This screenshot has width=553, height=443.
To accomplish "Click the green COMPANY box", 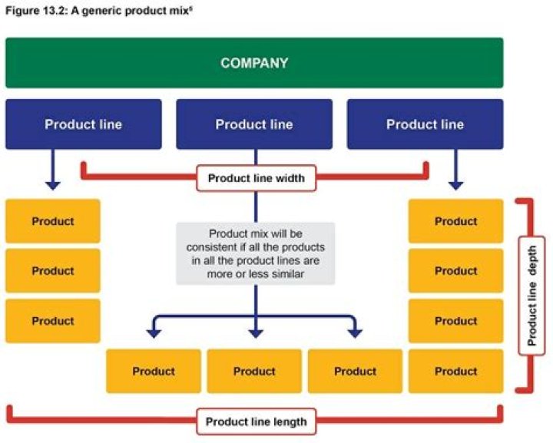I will (x=254, y=63).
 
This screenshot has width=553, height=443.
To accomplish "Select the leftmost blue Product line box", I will (x=83, y=124).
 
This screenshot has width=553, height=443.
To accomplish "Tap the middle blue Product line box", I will (x=254, y=124).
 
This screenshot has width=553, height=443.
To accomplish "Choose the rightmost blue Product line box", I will (x=425, y=124).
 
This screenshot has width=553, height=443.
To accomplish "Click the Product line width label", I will (x=256, y=178).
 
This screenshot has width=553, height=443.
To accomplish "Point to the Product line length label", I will (x=256, y=421).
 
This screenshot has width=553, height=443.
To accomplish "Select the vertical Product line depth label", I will (x=531, y=296).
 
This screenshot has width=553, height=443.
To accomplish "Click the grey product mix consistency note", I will (x=255, y=253).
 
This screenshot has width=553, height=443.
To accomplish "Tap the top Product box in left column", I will (x=53, y=221).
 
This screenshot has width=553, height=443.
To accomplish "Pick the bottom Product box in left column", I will (x=53, y=321).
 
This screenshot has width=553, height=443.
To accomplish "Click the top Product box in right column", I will (x=456, y=221).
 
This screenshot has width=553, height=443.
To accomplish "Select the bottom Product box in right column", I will (x=456, y=371).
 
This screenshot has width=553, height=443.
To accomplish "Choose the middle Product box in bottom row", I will (x=254, y=371).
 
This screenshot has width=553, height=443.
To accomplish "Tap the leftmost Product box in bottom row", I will (x=154, y=371).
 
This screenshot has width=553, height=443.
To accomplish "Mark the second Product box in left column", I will (x=53, y=271).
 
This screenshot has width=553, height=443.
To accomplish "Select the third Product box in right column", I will (x=456, y=321).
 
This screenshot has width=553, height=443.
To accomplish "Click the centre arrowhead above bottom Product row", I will (x=255, y=333).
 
